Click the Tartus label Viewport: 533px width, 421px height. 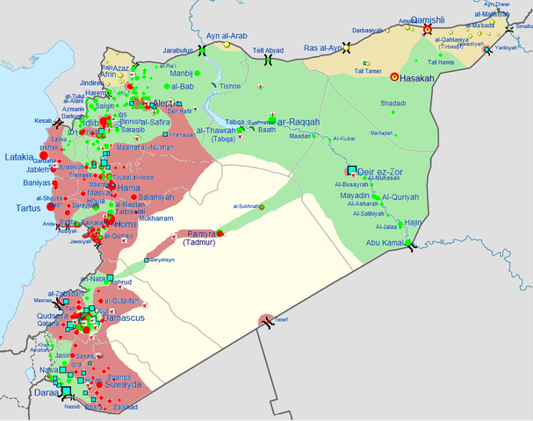click(x=32, y=209)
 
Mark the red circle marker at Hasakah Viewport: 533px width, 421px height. click(x=394, y=77)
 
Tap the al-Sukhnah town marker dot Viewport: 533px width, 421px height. click(x=261, y=206)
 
